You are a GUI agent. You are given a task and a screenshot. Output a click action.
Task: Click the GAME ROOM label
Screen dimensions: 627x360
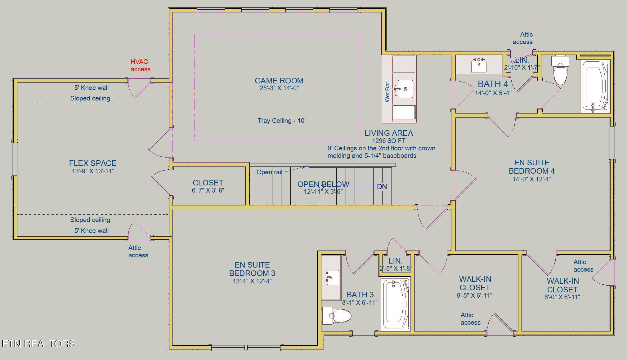[279, 81]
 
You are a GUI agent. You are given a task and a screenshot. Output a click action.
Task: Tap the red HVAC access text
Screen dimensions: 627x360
[140, 65]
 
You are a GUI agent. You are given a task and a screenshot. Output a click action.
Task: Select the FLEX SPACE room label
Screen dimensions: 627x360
[93, 163]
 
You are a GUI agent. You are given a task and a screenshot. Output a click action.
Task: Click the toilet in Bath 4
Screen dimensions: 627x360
[560, 70]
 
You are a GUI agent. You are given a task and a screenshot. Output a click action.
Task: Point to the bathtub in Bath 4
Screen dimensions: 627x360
[595, 86]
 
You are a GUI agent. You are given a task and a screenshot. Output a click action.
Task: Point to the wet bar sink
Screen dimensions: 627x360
[405, 89]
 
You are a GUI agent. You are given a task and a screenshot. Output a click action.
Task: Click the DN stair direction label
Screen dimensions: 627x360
[382, 187]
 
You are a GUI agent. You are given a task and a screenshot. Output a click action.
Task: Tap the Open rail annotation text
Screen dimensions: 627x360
[269, 172]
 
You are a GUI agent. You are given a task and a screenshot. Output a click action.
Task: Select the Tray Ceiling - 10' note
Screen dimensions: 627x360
[282, 121]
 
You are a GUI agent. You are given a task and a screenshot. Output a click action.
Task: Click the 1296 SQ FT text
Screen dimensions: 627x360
[388, 141]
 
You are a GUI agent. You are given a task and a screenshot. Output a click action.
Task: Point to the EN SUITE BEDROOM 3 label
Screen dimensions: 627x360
[252, 269]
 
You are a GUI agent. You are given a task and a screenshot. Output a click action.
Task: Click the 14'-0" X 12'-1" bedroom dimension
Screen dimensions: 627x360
[532, 179]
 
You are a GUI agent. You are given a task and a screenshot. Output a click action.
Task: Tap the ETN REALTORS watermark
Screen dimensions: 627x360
[39, 344]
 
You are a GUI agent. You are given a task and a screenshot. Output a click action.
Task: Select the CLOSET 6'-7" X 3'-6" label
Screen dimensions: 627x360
[208, 186]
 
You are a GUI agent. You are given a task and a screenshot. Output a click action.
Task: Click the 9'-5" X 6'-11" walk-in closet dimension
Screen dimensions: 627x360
[474, 296]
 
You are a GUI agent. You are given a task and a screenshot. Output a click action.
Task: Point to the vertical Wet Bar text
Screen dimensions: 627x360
[387, 92]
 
